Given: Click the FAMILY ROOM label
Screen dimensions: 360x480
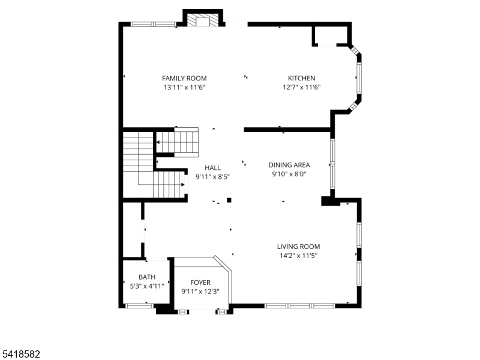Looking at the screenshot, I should coord(184,78).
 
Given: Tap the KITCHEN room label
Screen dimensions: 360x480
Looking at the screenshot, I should coord(301,78).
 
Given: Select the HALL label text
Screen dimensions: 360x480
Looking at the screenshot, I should coord(212,168).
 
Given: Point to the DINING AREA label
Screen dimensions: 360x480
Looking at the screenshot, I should coord(289,165).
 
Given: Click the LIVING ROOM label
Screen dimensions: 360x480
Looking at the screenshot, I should coord(298,246).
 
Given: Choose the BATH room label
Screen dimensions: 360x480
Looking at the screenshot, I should coord(147,277).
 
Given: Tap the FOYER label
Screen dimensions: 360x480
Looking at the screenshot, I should coord(200,283).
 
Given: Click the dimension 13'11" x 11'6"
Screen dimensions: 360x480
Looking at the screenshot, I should coord(184,88).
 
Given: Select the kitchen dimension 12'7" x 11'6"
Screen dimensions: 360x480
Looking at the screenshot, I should coord(301,88).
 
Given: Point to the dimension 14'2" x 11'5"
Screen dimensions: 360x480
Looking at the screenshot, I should coord(298,256).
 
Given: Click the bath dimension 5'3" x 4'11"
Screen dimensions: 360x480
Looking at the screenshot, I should coord(147,286).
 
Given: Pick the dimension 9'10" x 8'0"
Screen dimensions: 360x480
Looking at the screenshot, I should coord(289,175).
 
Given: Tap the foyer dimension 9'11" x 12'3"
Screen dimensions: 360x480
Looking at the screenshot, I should coord(200,292).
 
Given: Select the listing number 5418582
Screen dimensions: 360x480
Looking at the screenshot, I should coord(21,355).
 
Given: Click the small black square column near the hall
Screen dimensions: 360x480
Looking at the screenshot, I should coord(229,200).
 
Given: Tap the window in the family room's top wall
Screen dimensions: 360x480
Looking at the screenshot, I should coord(152,25).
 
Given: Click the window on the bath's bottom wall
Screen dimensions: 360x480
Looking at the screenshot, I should coord(139,306).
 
